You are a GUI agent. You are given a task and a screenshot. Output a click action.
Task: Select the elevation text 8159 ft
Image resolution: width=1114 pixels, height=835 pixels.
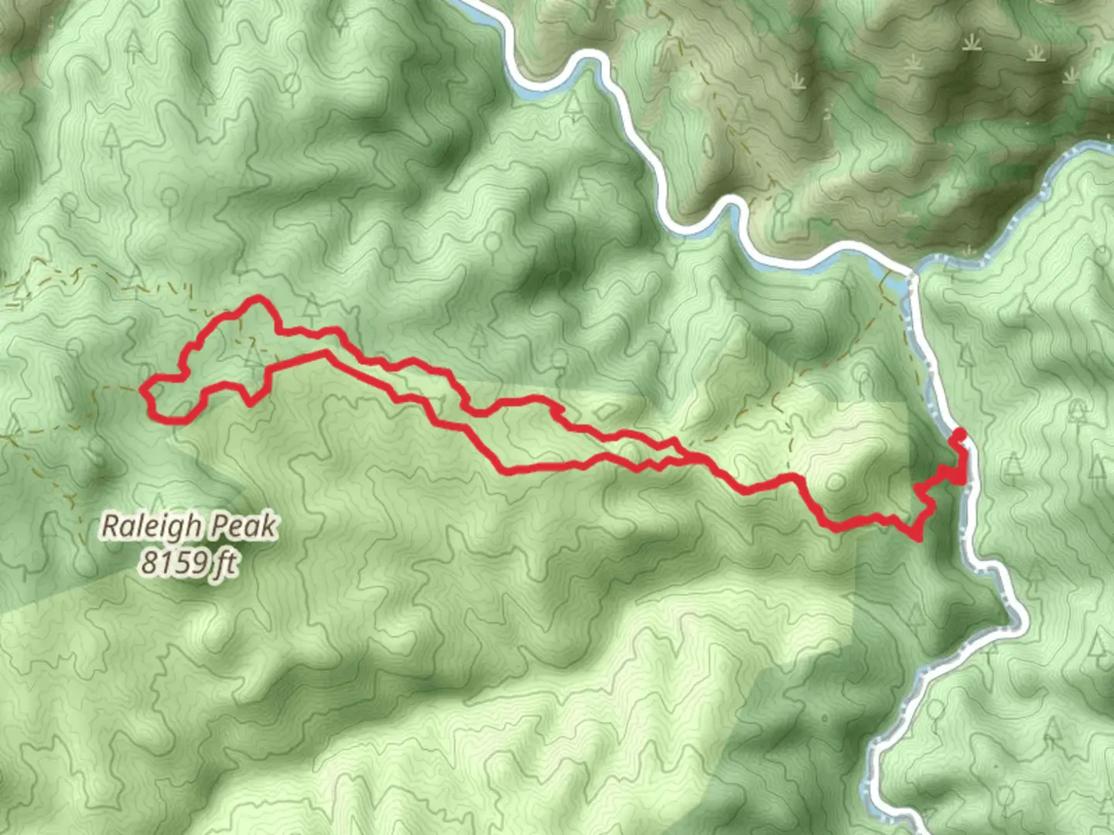pyautogui.click(x=188, y=562)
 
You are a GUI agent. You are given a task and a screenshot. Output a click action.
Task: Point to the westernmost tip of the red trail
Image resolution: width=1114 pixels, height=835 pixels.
pyautogui.click(x=143, y=391)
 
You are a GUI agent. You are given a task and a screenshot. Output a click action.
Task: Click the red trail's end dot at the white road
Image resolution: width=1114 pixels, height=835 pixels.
pyautogui.click(x=960, y=433)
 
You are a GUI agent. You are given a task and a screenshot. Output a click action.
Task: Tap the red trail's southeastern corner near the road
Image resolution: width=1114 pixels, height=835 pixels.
pyautogui.click(x=918, y=537)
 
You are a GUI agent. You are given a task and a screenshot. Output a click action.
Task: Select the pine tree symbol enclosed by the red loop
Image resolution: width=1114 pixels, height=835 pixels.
pyautogui.click(x=253, y=354)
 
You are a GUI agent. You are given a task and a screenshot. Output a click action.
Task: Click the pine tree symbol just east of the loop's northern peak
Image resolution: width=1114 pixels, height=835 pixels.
pyautogui.click(x=311, y=309)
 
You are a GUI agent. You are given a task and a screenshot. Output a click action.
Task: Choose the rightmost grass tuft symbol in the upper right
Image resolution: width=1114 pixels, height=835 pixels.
pyautogui.click(x=1071, y=74)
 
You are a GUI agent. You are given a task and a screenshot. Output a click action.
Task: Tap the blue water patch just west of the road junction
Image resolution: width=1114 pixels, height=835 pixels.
pyautogui.click(x=890, y=278)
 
